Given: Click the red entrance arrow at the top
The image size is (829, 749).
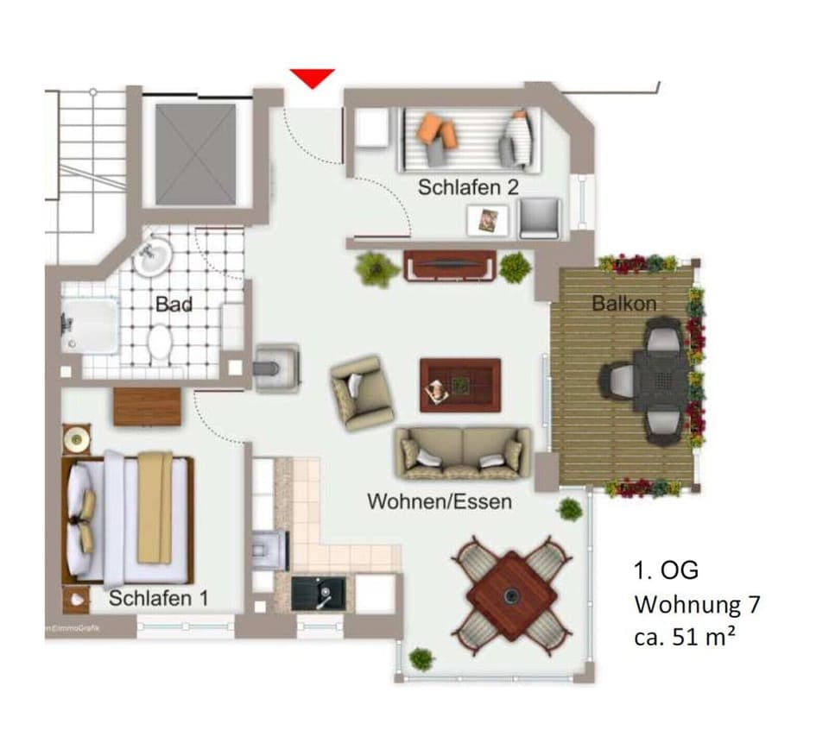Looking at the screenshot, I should pyautogui.click(x=312, y=78).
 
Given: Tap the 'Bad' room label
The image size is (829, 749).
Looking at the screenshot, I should pyautogui.click(x=174, y=304).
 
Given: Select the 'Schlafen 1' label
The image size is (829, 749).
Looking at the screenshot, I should pyautogui.click(x=158, y=598).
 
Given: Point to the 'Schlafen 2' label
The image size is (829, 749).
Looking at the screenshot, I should pyautogui.click(x=468, y=186).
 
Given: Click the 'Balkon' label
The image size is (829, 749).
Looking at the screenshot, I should pyautogui.click(x=623, y=304).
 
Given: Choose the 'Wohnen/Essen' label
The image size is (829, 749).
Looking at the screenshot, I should pyautogui.click(x=440, y=500).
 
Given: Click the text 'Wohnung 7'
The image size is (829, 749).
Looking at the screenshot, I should pyautogui.click(x=698, y=604).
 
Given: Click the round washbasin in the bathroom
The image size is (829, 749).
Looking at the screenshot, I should pyautogui.click(x=154, y=255).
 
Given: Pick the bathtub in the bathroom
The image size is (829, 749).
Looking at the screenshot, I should pyautogui.click(x=89, y=326).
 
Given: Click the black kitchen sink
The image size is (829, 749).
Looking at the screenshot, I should pyautogui.click(x=319, y=594).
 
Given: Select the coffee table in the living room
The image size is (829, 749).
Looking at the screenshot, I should pyautogui.click(x=460, y=384).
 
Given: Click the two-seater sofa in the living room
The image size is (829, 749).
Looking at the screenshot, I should pyautogui.click(x=464, y=452).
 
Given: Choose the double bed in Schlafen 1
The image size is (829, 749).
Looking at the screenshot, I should pyautogui.click(x=130, y=518).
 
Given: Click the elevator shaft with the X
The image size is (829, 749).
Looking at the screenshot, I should pyautogui.click(x=195, y=154).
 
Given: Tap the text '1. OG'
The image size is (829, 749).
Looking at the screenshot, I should pyautogui.click(x=666, y=570).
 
